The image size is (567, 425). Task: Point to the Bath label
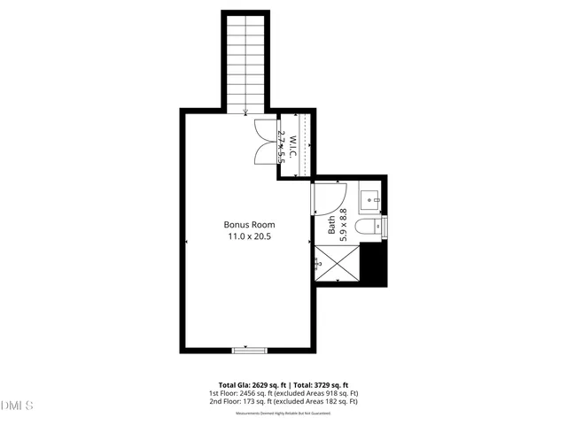[x=332, y=224]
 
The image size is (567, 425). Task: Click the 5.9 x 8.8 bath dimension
[x=343, y=220]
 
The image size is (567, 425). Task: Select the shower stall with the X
[x=338, y=264]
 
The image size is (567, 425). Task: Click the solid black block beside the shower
[x=377, y=264]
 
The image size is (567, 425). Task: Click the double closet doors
[x=264, y=141]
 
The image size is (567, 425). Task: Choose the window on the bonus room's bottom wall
[x=249, y=351]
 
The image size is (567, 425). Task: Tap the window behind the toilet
[x=384, y=228]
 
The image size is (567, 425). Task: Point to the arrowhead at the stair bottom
[x=246, y=112]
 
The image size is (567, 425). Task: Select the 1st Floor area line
[x=283, y=393]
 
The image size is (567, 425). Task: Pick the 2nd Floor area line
[x=283, y=402]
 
